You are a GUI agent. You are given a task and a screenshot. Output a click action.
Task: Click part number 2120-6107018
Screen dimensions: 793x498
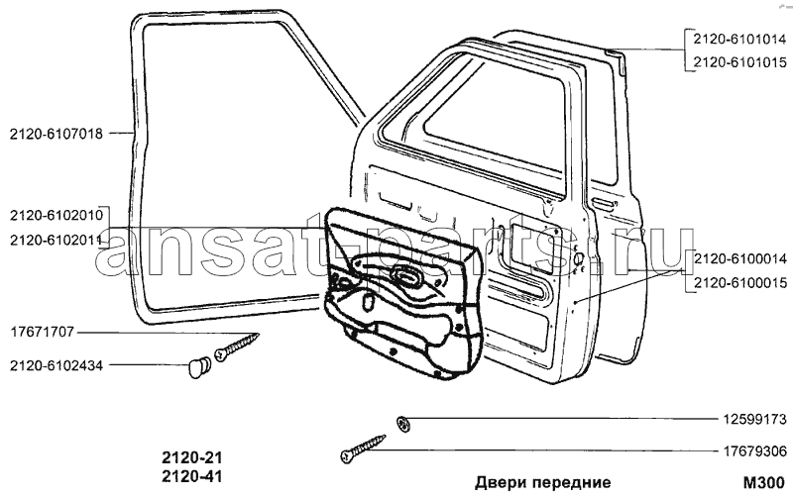57,134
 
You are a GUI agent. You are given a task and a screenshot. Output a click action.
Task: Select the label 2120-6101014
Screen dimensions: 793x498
739,39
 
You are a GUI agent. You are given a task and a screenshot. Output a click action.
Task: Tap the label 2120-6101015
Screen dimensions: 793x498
739,62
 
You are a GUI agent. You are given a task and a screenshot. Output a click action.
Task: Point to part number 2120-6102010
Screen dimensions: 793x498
57,215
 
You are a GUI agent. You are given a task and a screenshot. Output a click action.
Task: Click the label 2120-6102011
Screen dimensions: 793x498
57,241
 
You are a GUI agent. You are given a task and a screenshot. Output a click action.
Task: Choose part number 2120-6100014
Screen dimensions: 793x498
739,259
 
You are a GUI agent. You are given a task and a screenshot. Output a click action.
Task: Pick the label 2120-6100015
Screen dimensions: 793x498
739,283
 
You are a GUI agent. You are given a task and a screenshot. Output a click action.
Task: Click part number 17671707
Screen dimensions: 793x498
42,332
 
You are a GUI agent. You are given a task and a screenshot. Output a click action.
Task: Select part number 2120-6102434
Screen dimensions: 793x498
57,365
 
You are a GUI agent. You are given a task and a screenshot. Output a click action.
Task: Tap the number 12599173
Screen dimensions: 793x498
753,419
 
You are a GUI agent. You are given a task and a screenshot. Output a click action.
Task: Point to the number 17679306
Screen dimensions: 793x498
753,450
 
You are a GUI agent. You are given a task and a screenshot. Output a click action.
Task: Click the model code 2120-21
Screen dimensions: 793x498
192,457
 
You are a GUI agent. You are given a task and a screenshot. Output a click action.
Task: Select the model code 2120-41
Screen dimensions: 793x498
192,476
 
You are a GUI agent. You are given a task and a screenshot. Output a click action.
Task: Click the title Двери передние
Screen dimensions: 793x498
542,482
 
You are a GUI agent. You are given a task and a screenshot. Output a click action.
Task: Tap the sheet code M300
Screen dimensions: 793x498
764,482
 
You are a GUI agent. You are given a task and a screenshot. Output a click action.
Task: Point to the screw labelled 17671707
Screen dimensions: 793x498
237,347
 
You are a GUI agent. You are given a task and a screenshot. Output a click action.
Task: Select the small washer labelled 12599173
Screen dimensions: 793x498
403,423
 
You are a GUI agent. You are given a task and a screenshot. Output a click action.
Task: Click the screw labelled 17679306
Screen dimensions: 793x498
363,448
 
